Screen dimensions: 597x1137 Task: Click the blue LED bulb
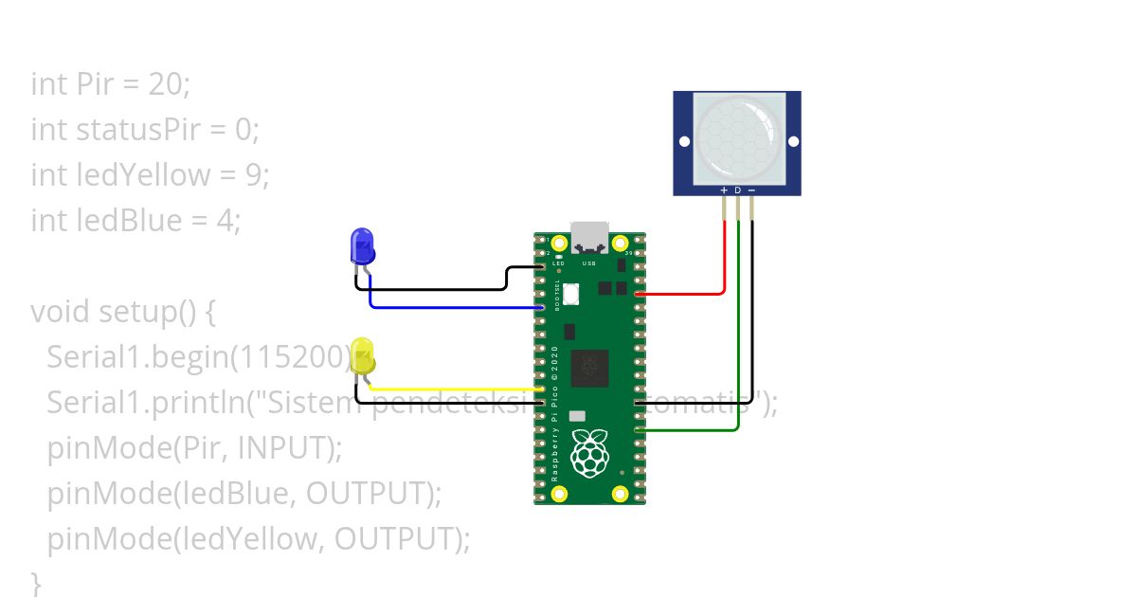click(362, 246)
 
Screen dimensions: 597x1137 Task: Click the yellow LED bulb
click(362, 356)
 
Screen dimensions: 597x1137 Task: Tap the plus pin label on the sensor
click(724, 190)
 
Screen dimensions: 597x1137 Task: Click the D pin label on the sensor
click(738, 190)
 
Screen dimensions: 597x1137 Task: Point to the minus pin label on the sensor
click(751, 190)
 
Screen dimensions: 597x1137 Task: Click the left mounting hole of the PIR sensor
click(682, 141)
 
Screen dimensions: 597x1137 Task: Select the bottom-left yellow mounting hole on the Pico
click(559, 494)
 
